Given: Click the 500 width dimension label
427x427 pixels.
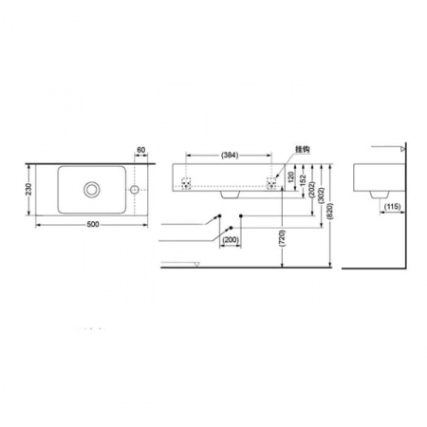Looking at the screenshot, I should (93, 224).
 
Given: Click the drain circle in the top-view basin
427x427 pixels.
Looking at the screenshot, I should (92, 189).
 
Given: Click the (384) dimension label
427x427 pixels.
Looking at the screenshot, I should (228, 154).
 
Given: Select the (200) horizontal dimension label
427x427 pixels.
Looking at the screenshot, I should (229, 240).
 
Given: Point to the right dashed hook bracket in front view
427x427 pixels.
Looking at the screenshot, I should (275, 181).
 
